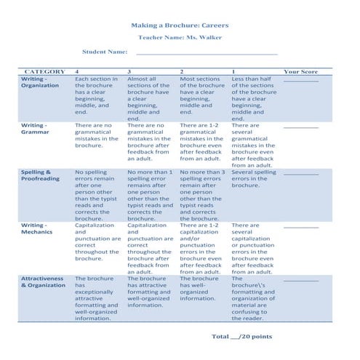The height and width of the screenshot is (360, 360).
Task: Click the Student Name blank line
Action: pos(207,52)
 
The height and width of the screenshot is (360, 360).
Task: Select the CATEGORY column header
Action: pos(44,71)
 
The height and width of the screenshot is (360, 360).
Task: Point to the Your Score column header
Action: pos(300,71)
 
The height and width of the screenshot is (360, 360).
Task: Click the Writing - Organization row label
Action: pos(40,82)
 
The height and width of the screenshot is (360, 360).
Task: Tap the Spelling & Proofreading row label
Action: pos(40,175)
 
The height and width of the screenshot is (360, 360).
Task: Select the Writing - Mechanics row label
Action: pos(37,230)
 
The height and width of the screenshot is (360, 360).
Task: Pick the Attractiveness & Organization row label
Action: pos(43,282)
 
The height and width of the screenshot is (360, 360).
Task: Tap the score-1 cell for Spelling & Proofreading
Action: pos(253,179)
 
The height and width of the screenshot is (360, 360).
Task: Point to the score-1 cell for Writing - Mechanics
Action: pos(253,249)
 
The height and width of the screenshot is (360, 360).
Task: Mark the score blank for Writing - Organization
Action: pos(300,81)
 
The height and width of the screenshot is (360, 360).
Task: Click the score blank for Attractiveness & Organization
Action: pos(300,280)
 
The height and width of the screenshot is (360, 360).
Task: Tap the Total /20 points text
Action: pos(241,337)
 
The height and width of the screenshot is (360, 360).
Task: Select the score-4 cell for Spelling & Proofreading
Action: pos(97,196)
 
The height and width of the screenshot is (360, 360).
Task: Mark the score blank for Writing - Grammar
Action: pos(300,127)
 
